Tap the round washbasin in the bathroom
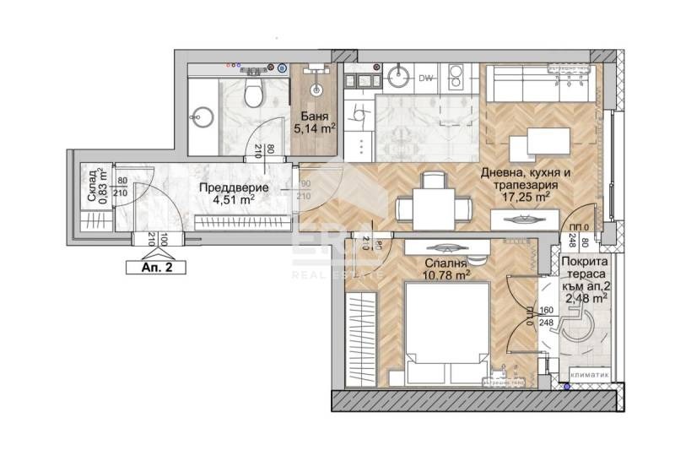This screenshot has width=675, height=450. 202,117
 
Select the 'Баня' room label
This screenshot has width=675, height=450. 315,116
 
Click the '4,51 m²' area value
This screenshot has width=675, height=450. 235,200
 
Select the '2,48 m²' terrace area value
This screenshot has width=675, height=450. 584,298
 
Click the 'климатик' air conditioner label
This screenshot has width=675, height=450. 587,371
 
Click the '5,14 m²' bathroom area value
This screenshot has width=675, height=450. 315,129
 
